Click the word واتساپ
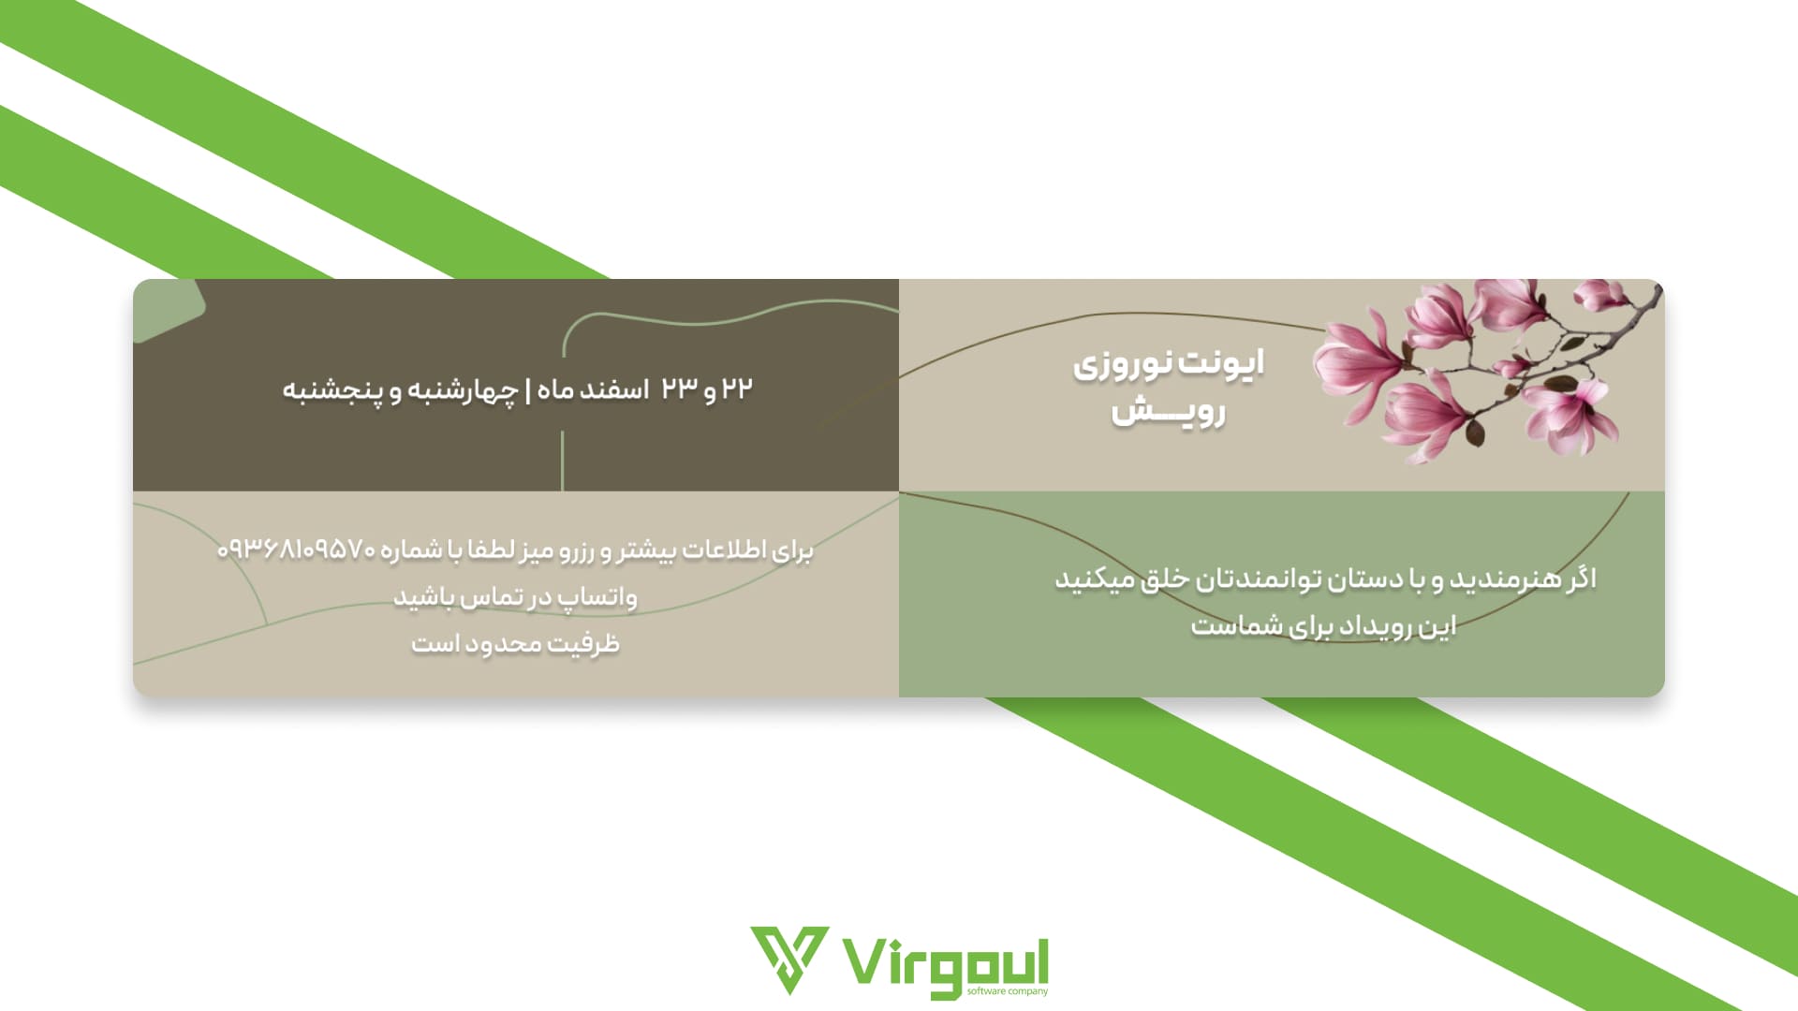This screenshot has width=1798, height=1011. (x=598, y=597)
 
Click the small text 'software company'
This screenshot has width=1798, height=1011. (x=1008, y=991)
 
